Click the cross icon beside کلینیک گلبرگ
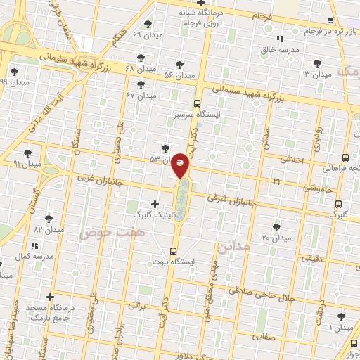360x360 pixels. pyautogui.click(x=155, y=203)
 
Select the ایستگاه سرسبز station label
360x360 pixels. pyautogui.click(x=198, y=114)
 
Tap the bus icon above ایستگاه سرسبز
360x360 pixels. pyautogui.click(x=198, y=103)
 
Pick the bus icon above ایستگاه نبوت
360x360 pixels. pyautogui.click(x=174, y=251)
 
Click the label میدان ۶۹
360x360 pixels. pyautogui.click(x=146, y=34)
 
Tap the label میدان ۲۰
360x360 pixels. pyautogui.click(x=276, y=238)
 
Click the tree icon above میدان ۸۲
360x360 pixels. pyautogui.click(x=49, y=219)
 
